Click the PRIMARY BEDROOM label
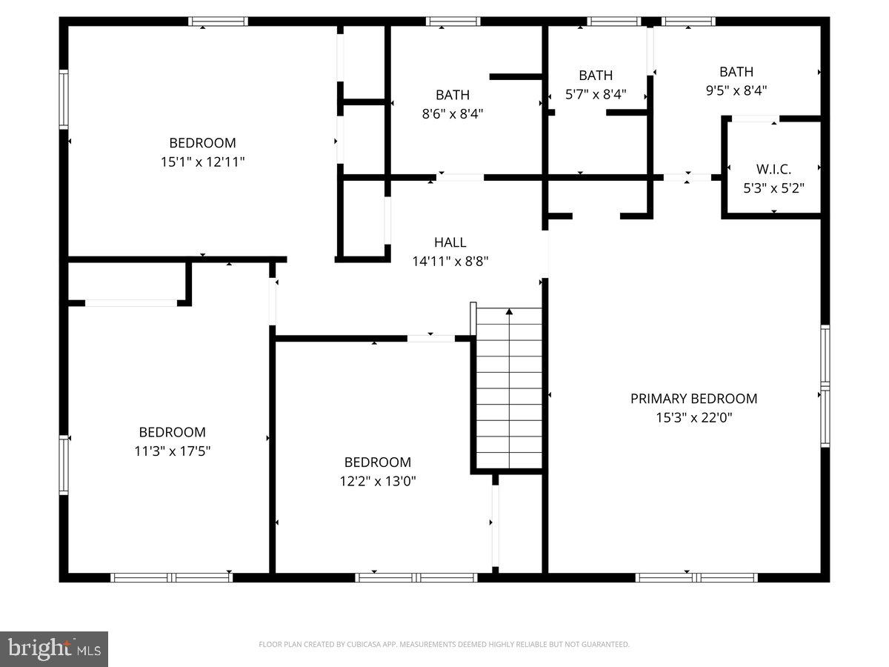tap(693, 399)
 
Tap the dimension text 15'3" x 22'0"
tap(693, 417)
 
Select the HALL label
tap(450, 242)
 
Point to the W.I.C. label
tap(773, 169)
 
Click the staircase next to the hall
tap(509, 388)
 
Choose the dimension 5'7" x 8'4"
tap(596, 94)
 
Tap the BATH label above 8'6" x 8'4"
tap(452, 95)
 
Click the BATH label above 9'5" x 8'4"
tap(736, 72)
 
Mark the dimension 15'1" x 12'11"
tap(202, 162)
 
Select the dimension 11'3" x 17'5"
tap(172, 451)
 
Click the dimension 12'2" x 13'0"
tap(378, 481)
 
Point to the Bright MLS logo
tap(54, 649)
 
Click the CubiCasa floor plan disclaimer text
tap(444, 645)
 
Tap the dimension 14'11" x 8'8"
tap(450, 261)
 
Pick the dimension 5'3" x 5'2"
tap(773, 188)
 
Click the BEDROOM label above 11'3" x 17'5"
tap(172, 432)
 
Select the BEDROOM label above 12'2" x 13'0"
tap(378, 462)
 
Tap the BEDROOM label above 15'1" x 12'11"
tap(202, 143)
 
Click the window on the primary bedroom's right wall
tap(825, 385)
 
